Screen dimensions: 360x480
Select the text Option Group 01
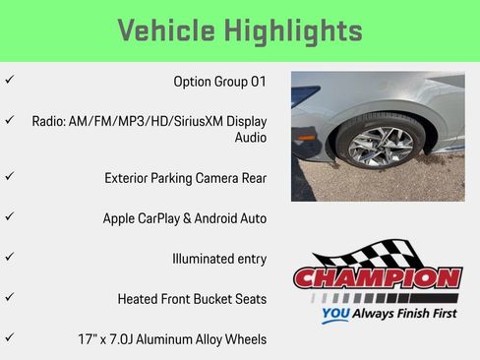tap(219, 81)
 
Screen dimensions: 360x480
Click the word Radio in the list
tap(51, 121)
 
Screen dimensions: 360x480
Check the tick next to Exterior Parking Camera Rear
tap(10, 176)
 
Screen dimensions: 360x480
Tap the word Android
tap(216, 218)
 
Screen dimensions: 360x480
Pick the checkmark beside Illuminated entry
tap(10, 257)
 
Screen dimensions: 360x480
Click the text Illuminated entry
tap(218, 259)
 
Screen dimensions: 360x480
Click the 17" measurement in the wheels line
tap(89, 339)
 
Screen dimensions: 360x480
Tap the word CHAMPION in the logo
tap(377, 278)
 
